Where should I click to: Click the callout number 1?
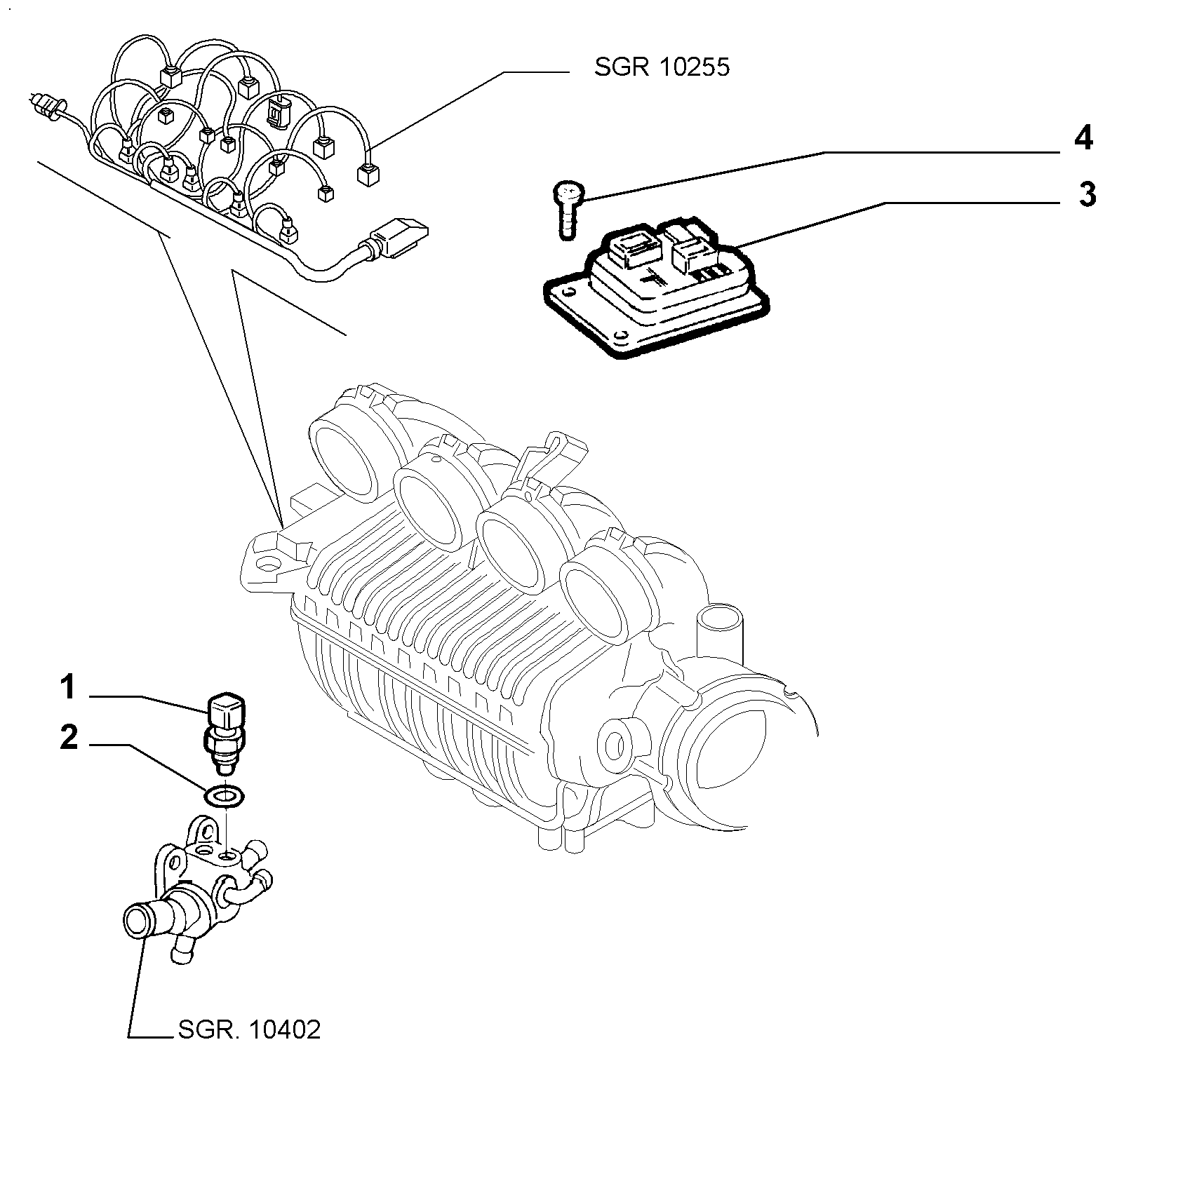[x=67, y=687]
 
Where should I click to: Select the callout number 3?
[x=1087, y=195]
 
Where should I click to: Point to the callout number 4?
[x=1084, y=139]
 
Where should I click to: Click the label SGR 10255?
[x=662, y=67]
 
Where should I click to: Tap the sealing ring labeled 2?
[x=223, y=796]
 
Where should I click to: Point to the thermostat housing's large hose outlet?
[x=138, y=920]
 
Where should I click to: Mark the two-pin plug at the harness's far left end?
[x=45, y=105]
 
